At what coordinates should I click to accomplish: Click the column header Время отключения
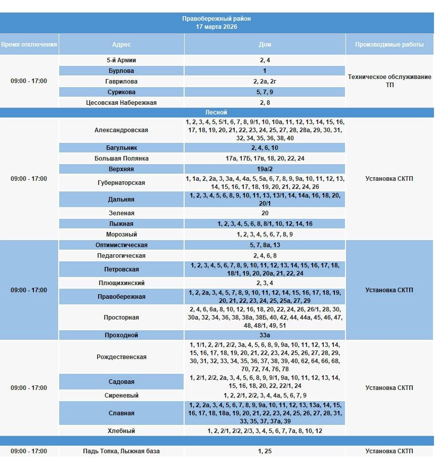click(x=29, y=45)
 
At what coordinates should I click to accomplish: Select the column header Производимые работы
click(x=389, y=45)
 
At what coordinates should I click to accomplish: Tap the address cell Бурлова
click(x=121, y=71)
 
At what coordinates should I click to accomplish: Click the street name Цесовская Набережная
click(x=121, y=103)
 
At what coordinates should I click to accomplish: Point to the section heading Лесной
click(x=216, y=112)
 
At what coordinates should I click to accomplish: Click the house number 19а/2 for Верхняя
click(x=265, y=169)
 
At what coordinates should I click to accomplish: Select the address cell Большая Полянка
click(x=121, y=159)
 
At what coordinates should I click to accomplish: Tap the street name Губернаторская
click(x=121, y=183)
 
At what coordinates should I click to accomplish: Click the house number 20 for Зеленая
click(x=265, y=213)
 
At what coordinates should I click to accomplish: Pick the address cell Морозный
click(x=121, y=234)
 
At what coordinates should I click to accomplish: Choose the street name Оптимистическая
click(x=121, y=245)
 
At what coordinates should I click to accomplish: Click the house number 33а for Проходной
click(x=265, y=335)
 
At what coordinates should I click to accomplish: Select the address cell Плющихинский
click(x=121, y=283)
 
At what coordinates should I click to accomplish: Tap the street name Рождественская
click(x=121, y=357)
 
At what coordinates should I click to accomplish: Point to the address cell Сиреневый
click(x=121, y=396)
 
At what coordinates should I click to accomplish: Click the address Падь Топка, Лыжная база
click(x=121, y=451)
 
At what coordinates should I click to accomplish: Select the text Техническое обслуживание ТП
click(x=389, y=81)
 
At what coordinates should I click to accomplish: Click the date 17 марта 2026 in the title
click(x=216, y=27)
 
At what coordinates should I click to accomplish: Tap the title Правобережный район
click(x=216, y=19)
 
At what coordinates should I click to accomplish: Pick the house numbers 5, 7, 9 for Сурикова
click(x=265, y=92)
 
